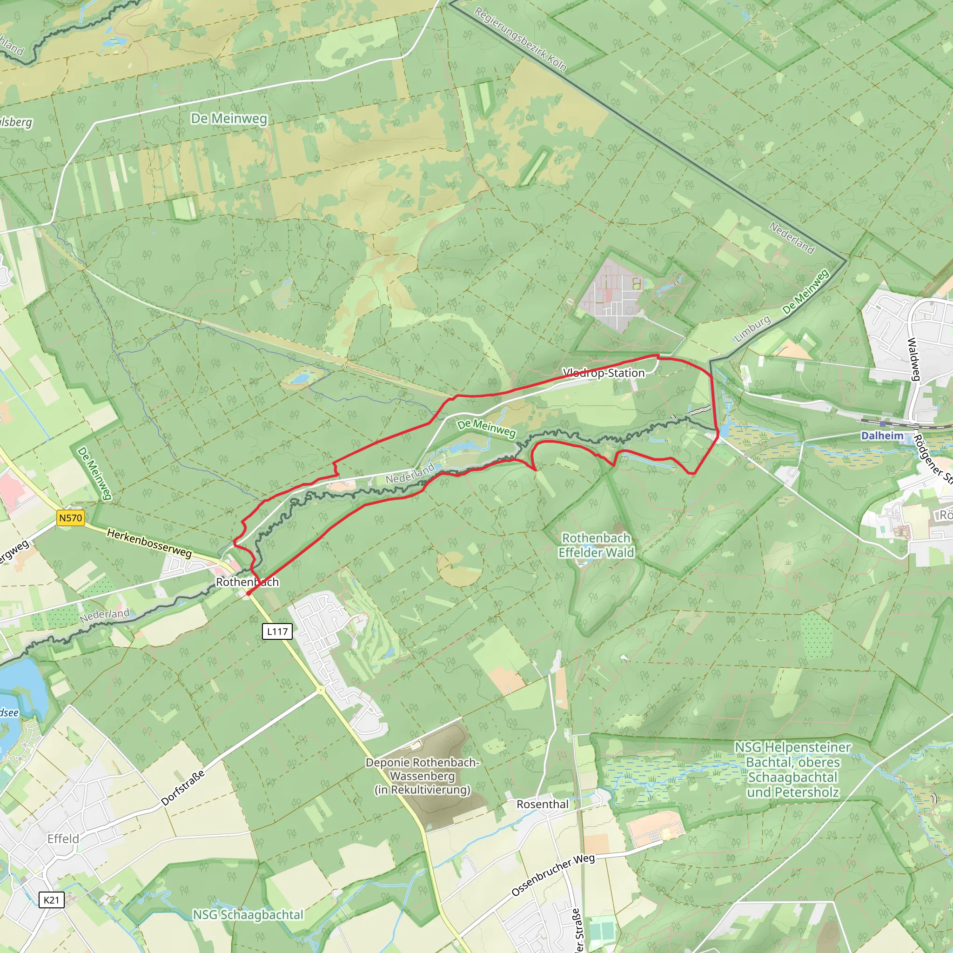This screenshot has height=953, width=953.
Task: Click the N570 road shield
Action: click(71, 518)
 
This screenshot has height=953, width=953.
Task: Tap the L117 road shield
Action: click(277, 631)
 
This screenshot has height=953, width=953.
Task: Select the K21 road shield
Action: click(51, 900)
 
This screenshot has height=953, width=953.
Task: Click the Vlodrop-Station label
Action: click(603, 373)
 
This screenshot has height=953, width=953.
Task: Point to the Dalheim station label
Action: click(882, 436)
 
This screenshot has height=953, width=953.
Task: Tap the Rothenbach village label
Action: click(247, 582)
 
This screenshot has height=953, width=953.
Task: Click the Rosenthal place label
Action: click(542, 804)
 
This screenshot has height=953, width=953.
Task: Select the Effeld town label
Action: click(63, 839)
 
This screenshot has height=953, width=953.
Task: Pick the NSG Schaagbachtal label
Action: click(248, 914)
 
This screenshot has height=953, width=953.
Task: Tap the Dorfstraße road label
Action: click(182, 788)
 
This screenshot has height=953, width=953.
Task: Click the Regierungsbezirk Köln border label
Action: click(520, 39)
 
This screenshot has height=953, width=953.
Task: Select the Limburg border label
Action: click(752, 329)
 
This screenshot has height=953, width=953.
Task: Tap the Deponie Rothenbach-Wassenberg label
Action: click(422, 776)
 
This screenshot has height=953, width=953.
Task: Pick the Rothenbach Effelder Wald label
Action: click(596, 545)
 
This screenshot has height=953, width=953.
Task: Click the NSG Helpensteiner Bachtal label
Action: click(792, 770)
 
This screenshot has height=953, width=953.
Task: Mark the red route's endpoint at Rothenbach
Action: click(248, 593)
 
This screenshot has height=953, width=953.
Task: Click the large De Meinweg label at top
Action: click(229, 118)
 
